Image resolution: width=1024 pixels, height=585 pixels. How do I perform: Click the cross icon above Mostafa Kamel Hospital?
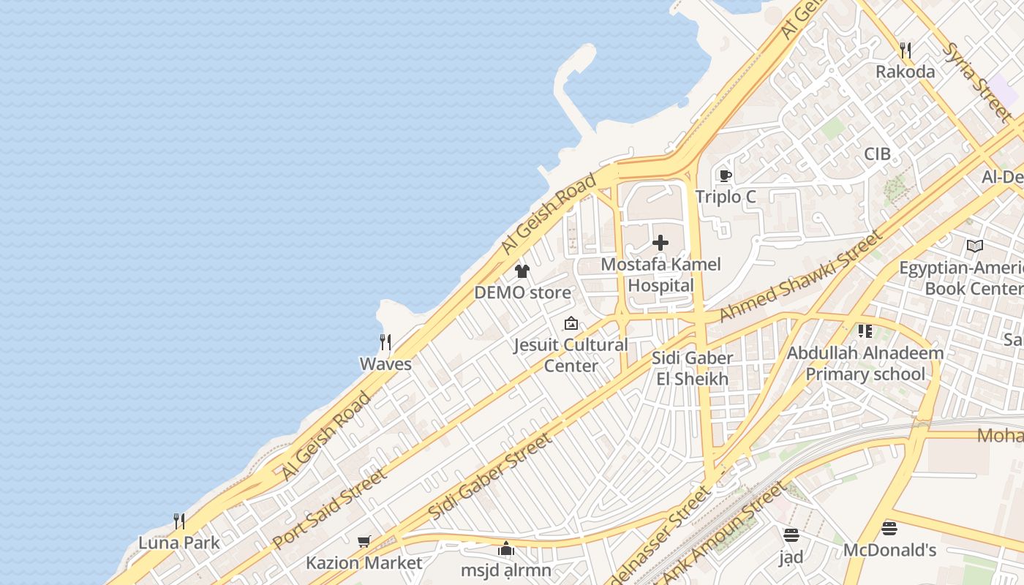660,243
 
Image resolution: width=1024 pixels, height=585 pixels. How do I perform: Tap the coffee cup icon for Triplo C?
725,175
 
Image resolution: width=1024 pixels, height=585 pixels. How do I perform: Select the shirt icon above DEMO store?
522,271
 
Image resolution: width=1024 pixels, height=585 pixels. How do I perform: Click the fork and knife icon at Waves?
385,341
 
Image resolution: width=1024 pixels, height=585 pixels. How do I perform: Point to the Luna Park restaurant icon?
178,521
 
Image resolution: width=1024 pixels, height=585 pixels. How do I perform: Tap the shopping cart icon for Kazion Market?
364,542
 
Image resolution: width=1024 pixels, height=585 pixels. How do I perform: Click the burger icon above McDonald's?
889,528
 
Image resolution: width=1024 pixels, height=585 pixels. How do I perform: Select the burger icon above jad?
791,535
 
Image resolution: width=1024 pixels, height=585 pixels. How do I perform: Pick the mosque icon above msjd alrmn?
505,548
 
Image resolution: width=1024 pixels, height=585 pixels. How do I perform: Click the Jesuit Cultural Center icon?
571,323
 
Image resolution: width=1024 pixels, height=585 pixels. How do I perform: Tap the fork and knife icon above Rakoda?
906,50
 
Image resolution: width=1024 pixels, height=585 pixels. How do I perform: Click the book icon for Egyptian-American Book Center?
974,246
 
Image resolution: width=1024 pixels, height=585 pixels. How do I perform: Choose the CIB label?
877,154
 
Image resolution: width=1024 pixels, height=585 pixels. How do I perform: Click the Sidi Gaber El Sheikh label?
692,369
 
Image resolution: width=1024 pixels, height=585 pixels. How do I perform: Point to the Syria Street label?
977,81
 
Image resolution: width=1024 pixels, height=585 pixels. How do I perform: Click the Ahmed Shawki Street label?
801,276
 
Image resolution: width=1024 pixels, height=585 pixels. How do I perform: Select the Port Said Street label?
330,508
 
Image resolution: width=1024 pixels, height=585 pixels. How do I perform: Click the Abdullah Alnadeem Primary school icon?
865,331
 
